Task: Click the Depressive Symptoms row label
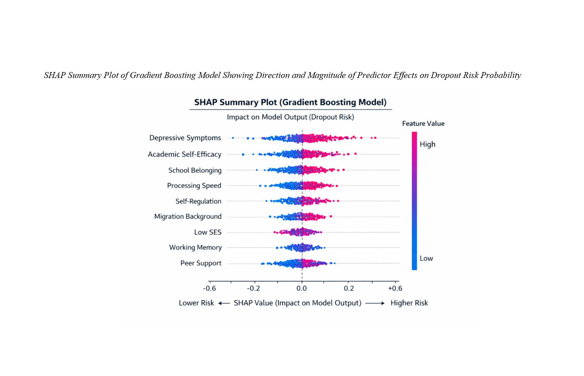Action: pos(185,138)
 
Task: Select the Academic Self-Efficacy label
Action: pos(185,154)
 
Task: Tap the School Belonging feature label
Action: pos(195,170)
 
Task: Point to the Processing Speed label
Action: pos(194,186)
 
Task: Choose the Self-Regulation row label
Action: pos(198,201)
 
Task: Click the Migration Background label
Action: pos(188,216)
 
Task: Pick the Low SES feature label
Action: pos(208,232)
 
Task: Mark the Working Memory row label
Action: pos(195,247)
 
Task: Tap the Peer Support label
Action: pos(201,263)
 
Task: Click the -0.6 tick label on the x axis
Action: pos(209,288)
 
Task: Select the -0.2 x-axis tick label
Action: pos(253,288)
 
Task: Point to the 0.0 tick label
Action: pos(302,288)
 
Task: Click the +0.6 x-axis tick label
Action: pos(395,288)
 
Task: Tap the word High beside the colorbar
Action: pos(428,144)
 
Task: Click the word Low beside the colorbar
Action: pos(426,258)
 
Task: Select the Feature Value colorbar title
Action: pos(423,123)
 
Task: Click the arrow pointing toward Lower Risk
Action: pos(224,303)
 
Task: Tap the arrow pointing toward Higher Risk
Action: pos(375,303)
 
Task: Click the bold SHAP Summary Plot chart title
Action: pos(290,102)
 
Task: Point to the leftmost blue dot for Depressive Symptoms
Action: pos(233,138)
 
